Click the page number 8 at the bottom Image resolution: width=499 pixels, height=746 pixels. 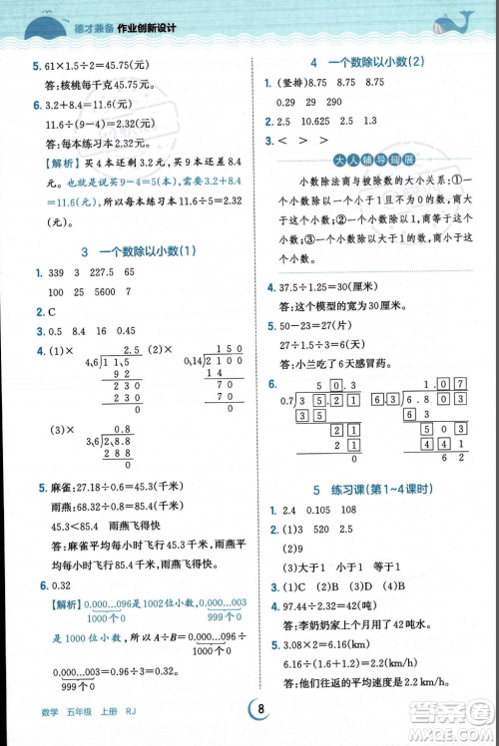259,709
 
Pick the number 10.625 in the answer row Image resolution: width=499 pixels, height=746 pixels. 312,121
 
